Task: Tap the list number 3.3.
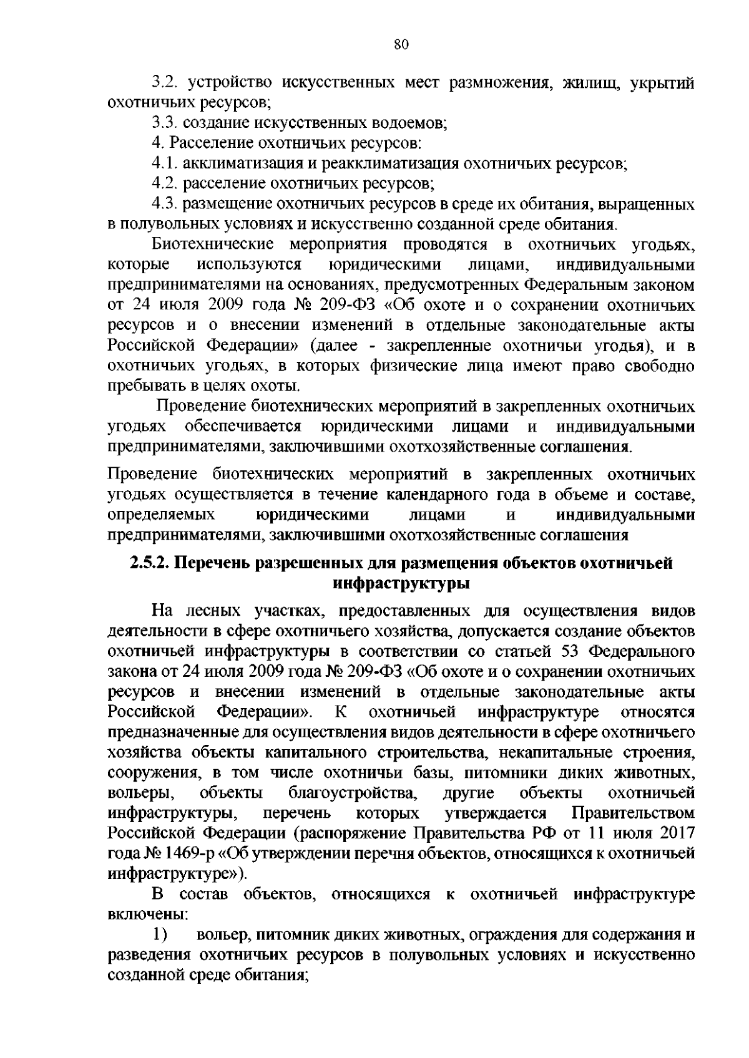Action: click(x=167, y=124)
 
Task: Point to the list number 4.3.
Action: click(x=167, y=205)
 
